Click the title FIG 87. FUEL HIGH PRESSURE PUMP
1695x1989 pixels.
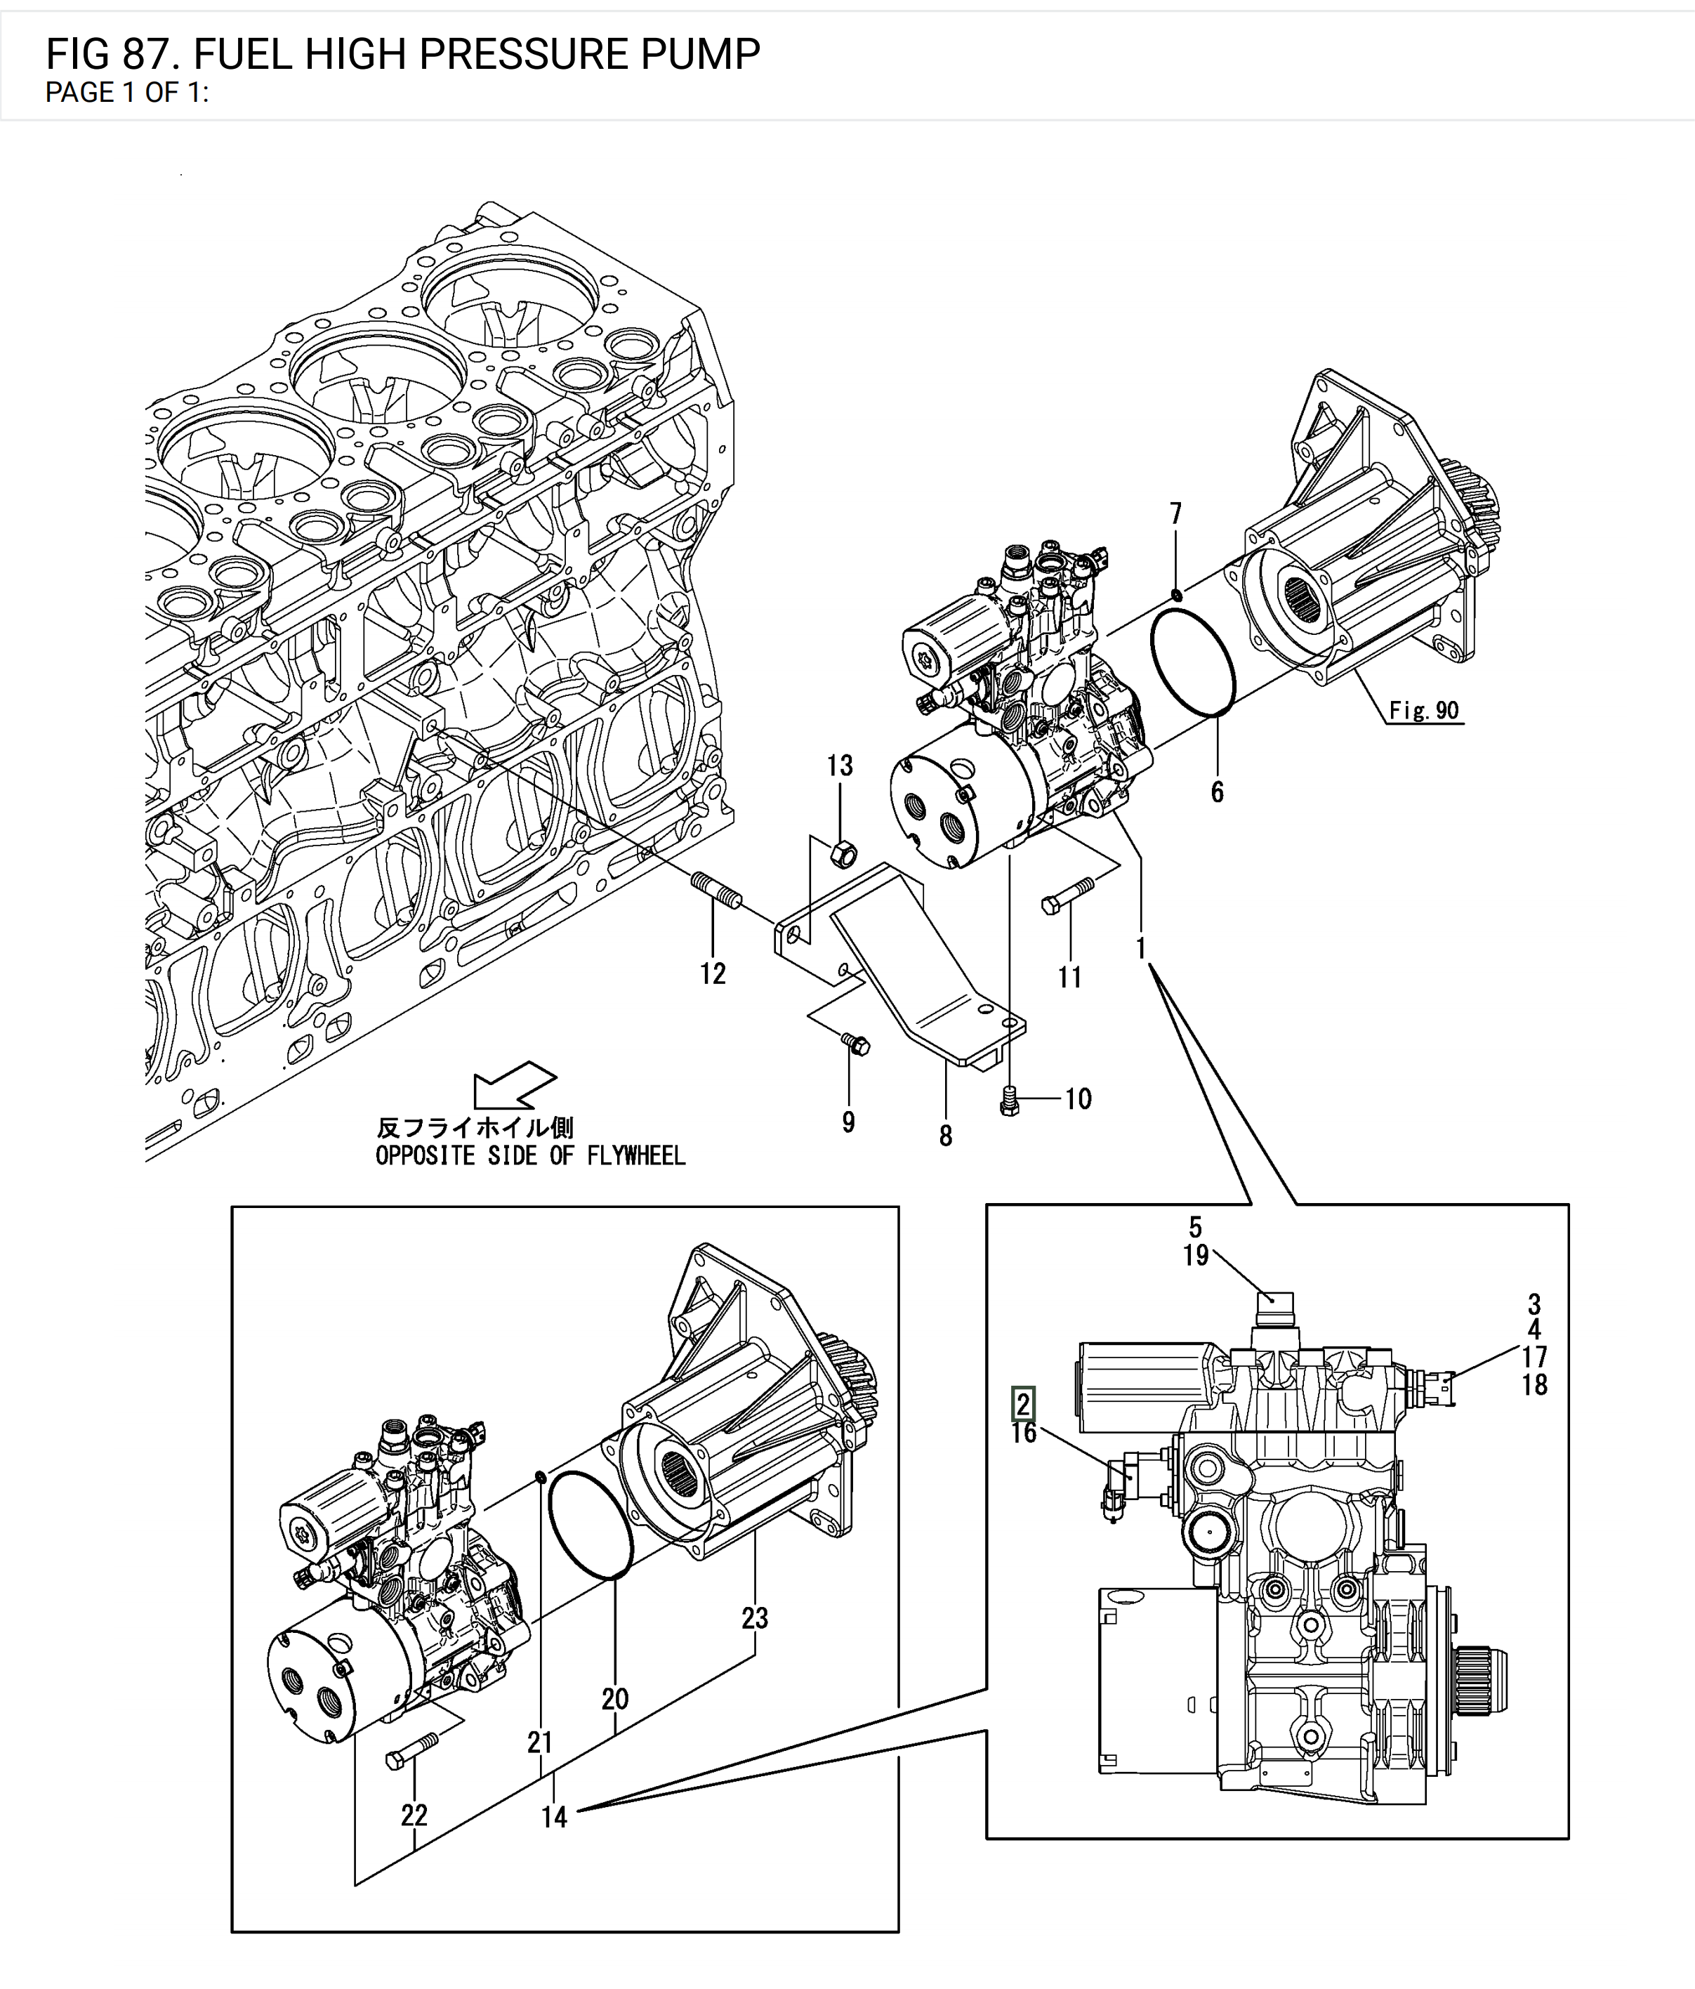click(403, 55)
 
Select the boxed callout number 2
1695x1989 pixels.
click(1023, 1405)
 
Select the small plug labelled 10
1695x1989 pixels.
click(1008, 1100)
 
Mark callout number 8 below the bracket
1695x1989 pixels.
click(945, 1136)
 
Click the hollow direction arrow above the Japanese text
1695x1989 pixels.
click(513, 1086)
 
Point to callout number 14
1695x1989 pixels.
click(554, 1816)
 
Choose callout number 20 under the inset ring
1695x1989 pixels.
click(615, 1698)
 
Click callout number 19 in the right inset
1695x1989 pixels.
click(1195, 1256)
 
